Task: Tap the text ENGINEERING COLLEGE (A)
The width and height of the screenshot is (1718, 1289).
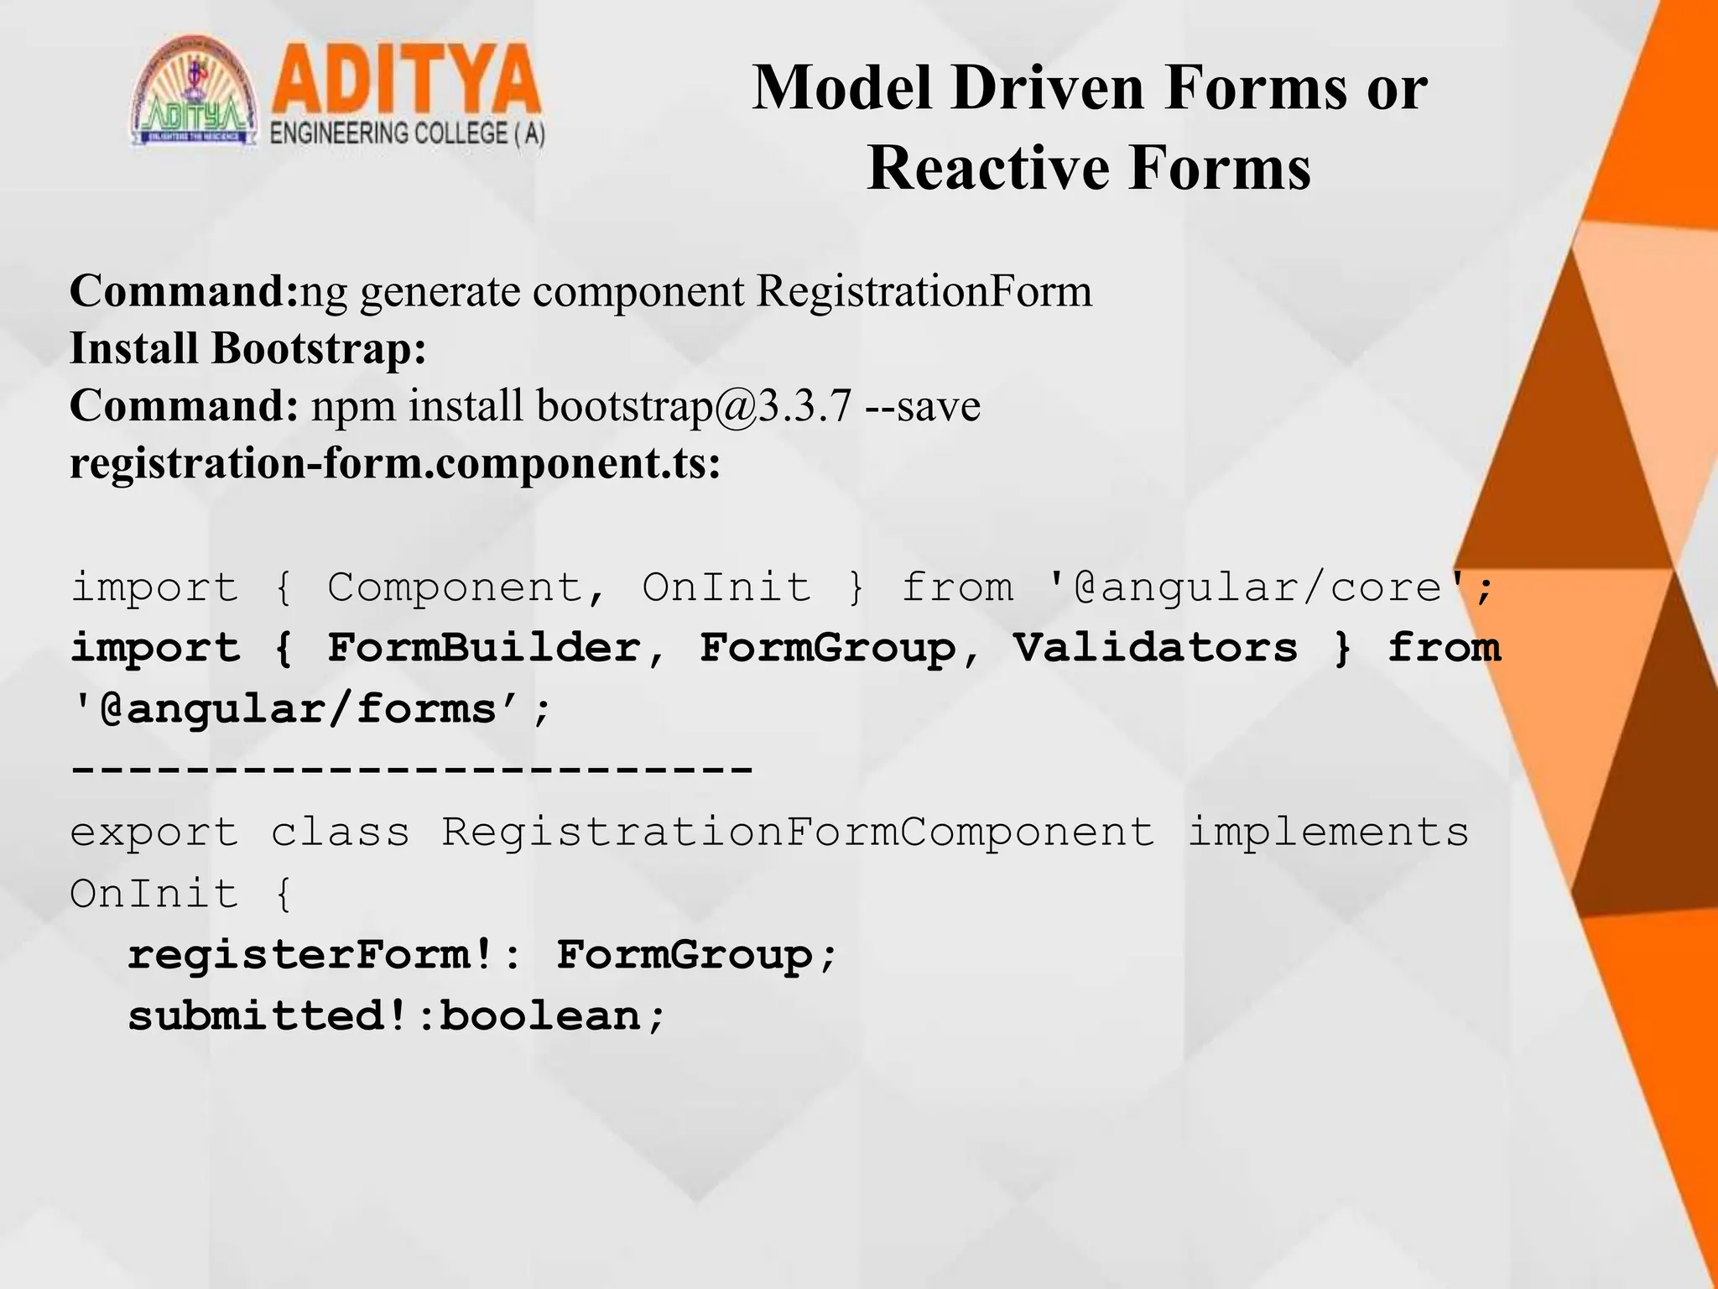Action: point(408,134)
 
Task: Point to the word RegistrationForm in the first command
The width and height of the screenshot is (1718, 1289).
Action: point(924,292)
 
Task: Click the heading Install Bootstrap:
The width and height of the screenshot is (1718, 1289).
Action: point(248,348)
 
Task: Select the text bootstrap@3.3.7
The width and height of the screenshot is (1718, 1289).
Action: point(694,406)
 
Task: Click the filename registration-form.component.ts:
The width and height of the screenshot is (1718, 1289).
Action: point(395,463)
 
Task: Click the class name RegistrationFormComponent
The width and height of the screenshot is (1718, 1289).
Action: point(798,832)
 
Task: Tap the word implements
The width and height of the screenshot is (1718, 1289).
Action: point(1328,832)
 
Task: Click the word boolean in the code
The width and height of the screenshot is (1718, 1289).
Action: point(540,1016)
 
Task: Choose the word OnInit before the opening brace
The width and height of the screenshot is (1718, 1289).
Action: point(154,894)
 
